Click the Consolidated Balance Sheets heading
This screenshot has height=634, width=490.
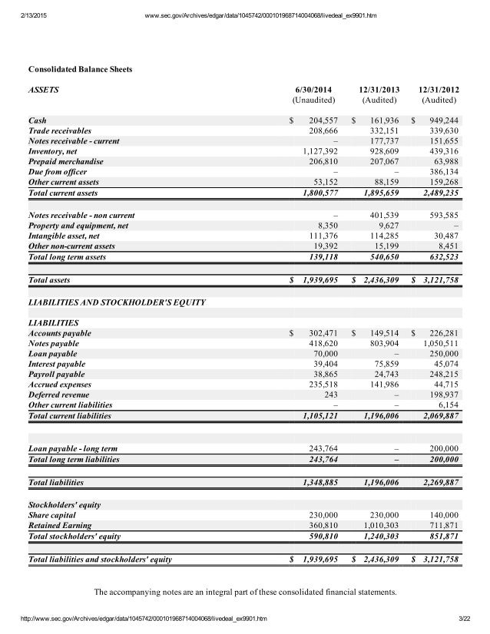[80, 70]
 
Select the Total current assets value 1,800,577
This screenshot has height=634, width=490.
[317, 193]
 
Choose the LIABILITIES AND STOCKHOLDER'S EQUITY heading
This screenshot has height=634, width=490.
[116, 302]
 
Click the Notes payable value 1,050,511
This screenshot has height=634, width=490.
[440, 345]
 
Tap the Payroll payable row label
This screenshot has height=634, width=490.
[56, 374]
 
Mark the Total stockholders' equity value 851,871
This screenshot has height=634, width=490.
[441, 536]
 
